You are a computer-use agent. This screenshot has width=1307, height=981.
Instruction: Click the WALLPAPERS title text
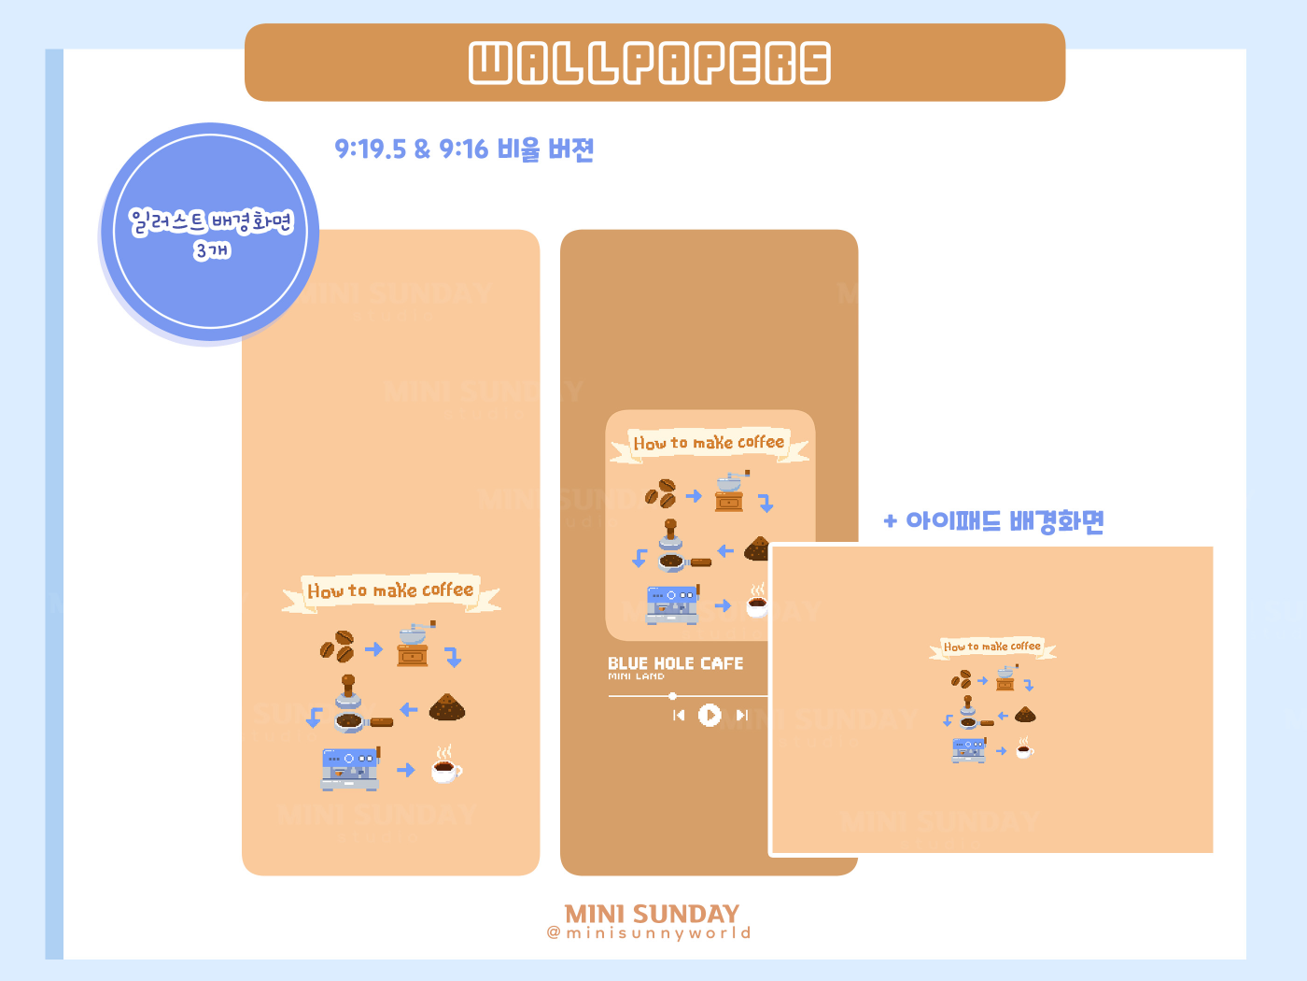point(650,63)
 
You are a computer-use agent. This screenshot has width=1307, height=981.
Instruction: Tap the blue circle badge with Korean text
point(210,233)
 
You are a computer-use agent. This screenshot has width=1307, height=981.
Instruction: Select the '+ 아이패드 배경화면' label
point(994,520)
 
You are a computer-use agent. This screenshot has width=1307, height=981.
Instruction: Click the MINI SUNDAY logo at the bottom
point(652,913)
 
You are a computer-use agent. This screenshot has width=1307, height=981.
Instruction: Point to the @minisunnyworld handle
point(649,932)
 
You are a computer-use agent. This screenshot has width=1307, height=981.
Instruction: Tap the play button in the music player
point(710,715)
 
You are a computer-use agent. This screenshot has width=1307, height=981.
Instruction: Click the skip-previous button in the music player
point(679,715)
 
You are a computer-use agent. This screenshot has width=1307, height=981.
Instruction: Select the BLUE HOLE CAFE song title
point(676,663)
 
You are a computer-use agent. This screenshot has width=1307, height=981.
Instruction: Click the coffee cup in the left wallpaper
point(445,766)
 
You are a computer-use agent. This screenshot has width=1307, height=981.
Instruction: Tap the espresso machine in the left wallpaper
point(350,769)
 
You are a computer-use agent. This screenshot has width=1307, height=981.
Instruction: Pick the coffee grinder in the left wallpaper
point(414,646)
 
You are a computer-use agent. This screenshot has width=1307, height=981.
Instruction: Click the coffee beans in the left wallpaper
point(337,647)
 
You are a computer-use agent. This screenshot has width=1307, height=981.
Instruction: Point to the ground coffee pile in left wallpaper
point(447,708)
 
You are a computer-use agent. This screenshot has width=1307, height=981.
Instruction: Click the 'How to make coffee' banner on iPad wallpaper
point(991,647)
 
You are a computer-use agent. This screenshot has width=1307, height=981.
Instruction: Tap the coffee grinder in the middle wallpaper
point(731,492)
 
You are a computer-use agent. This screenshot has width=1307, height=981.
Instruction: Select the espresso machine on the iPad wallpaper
point(969,749)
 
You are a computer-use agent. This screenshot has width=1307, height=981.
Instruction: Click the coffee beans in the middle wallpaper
point(660,493)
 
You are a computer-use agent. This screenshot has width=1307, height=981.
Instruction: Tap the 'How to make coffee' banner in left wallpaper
point(390,591)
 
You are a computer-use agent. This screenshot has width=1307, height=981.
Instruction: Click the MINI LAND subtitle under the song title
point(636,676)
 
